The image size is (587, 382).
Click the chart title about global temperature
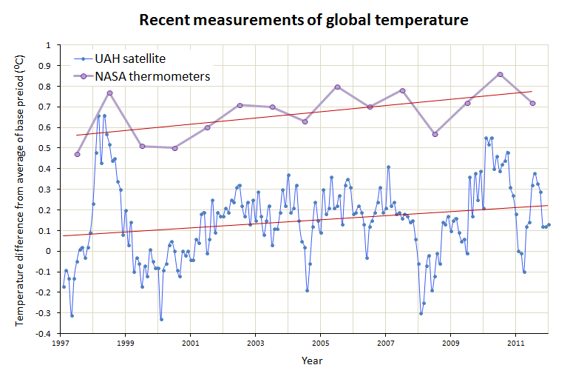(x=304, y=20)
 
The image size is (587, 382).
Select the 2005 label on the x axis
(x=320, y=344)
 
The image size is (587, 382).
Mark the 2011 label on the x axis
(x=515, y=344)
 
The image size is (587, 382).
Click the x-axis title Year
(x=311, y=361)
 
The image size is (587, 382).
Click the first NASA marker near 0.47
(x=77, y=154)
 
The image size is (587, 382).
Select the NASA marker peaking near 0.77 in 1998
(x=109, y=93)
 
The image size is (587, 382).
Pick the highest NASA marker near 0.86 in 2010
(x=501, y=74)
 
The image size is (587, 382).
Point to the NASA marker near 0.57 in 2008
(x=435, y=134)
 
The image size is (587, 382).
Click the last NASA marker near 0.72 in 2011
(x=532, y=103)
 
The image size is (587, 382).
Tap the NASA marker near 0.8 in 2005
(x=337, y=87)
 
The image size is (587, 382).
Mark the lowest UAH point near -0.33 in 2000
(x=161, y=319)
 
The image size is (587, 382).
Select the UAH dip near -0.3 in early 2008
(x=421, y=313)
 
